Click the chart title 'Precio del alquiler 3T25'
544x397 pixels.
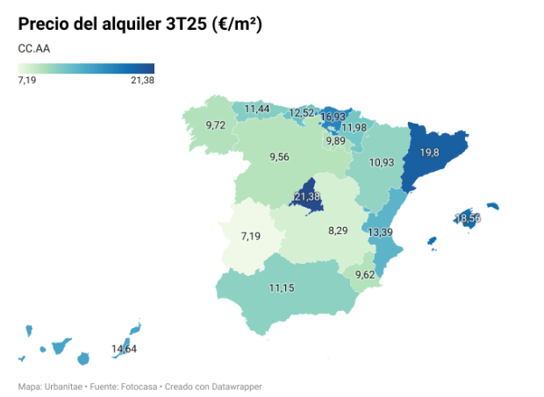[x=140, y=24]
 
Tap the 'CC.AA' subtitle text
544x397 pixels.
[x=33, y=49]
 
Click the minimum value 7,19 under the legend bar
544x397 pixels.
[x=27, y=81]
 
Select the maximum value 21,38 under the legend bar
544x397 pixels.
[x=142, y=81]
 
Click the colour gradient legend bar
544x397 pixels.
[x=86, y=68]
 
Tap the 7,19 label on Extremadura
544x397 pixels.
[x=251, y=236]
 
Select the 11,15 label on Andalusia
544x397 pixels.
[x=283, y=287]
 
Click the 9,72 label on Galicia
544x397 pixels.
[x=216, y=125]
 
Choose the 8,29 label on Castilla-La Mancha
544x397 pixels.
[x=338, y=230]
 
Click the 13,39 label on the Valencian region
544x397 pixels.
[x=380, y=232]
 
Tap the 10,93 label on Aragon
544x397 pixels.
[x=382, y=162]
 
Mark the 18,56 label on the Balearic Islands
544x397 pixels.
[x=468, y=217]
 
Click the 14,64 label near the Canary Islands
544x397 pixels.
[x=124, y=349]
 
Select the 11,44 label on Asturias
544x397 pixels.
[x=257, y=109]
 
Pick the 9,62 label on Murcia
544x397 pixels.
[x=364, y=274]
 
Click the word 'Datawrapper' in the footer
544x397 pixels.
[x=236, y=386]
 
